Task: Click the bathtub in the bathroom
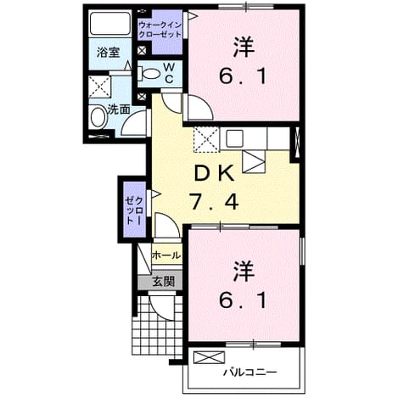click(x=110, y=23)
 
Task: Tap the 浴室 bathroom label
click(x=109, y=53)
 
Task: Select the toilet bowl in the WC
click(x=149, y=74)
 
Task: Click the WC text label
click(x=169, y=73)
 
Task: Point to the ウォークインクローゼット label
click(x=160, y=31)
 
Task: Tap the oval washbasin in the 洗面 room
click(x=98, y=117)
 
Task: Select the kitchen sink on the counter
click(x=235, y=138)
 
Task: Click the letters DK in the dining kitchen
click(x=214, y=174)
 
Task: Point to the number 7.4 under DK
click(x=214, y=201)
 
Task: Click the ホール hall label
click(x=166, y=255)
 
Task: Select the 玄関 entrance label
click(x=163, y=282)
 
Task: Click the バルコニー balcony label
click(x=249, y=373)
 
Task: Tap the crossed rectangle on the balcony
click(x=210, y=357)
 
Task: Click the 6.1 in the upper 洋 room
click(x=244, y=76)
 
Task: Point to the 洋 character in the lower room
click(x=244, y=272)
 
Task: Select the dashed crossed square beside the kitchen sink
click(x=206, y=140)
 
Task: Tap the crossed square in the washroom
click(x=99, y=87)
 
